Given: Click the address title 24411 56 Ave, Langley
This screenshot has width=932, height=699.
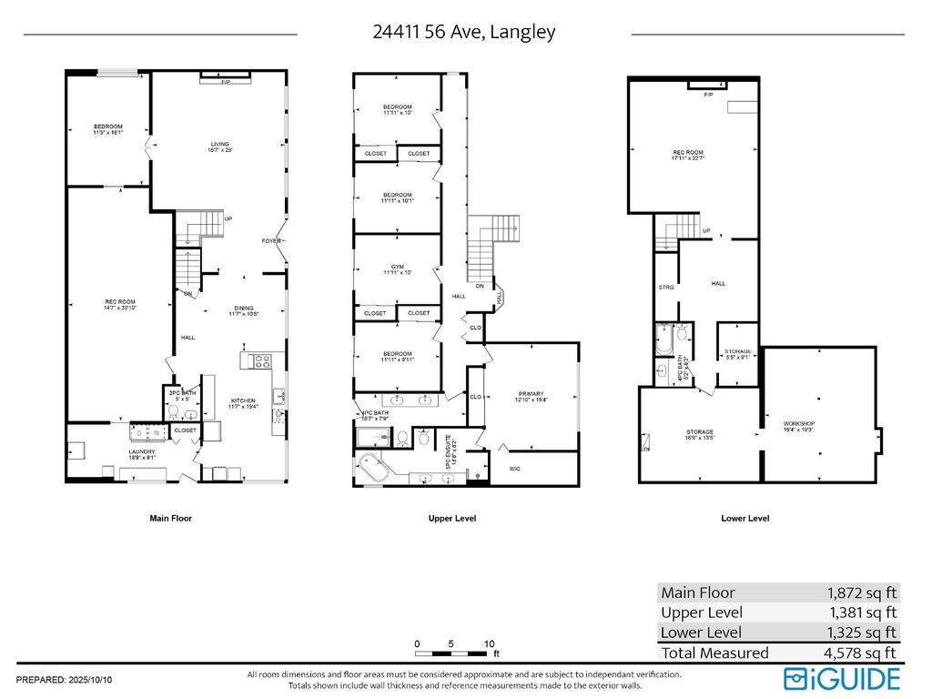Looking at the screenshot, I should click(x=464, y=32).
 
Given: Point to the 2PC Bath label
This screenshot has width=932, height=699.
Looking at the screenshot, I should click(x=182, y=394).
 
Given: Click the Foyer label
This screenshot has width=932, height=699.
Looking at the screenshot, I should click(x=270, y=241).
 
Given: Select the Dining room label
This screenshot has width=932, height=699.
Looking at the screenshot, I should click(x=243, y=309).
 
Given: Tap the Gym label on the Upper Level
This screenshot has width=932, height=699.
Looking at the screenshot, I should click(x=398, y=268).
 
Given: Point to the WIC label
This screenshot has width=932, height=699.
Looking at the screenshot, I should click(x=514, y=469).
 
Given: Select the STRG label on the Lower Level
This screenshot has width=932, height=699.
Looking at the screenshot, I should click(x=666, y=288).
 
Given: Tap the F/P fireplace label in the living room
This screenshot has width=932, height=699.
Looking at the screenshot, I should click(x=225, y=83).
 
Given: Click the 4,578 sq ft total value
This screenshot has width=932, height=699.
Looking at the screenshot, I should click(x=860, y=653).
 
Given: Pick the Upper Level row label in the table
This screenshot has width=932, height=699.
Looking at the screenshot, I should click(x=702, y=613).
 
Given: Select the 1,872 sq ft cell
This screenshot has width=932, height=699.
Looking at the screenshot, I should click(x=860, y=593).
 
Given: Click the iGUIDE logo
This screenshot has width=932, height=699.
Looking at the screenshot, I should click(x=843, y=678).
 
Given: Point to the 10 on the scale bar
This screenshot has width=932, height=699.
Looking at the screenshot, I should click(x=489, y=643).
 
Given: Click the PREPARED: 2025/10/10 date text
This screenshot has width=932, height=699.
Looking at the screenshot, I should click(x=65, y=680).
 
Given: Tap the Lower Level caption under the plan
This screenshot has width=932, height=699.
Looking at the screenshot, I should click(x=745, y=519).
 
